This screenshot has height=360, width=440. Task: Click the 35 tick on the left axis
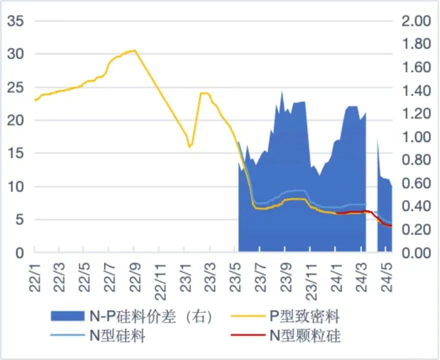16,21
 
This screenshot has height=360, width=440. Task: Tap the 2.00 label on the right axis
416,21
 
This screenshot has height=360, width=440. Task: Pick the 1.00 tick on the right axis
416,137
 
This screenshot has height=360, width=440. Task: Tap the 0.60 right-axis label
416,183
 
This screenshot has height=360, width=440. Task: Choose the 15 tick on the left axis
16,153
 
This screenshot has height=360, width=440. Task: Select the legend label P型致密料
305,316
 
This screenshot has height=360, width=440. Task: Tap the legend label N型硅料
117,336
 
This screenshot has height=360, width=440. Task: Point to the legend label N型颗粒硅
305,336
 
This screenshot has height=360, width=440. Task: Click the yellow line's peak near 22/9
134,50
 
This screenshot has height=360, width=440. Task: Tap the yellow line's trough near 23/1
189,146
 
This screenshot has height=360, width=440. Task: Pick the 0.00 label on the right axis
416,253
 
